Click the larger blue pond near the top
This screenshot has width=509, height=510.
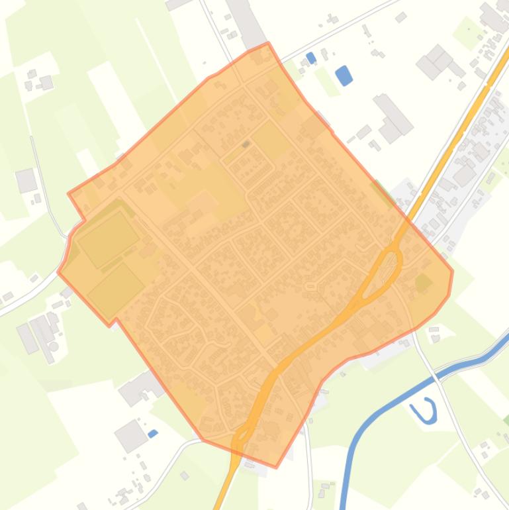[x=343, y=76]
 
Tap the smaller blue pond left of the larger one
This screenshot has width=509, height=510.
[x=311, y=58]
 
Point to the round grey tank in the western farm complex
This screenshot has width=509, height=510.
[x=54, y=346]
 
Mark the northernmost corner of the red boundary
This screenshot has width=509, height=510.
[x=268, y=44]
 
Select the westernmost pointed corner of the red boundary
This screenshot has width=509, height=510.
[x=59, y=271]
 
